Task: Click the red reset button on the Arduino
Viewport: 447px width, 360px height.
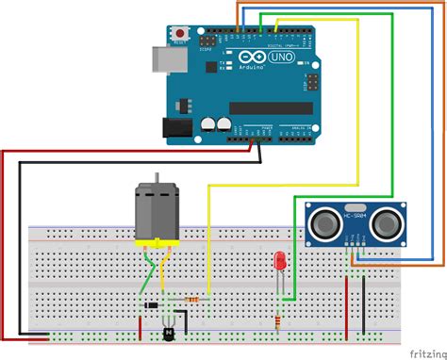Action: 179,35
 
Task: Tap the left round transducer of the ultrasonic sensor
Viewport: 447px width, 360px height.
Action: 323,223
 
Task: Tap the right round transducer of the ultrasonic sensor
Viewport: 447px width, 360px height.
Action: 386,223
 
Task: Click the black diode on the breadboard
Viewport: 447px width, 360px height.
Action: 150,305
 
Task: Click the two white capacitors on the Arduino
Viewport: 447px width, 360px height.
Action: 214,123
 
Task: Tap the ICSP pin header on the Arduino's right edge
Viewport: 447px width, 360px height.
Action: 307,86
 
